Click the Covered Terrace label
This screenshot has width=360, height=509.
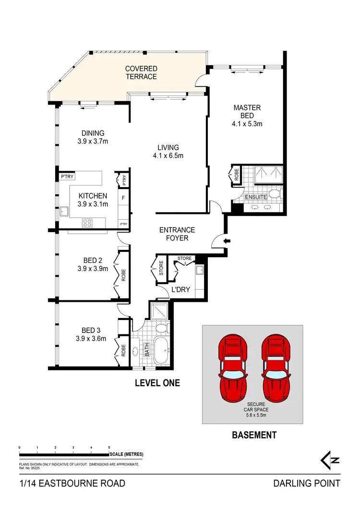pyautogui.click(x=141, y=72)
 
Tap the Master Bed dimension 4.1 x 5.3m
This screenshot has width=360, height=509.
pyautogui.click(x=247, y=124)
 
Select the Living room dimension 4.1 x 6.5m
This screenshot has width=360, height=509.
pyautogui.click(x=168, y=155)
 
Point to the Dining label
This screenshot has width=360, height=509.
pyautogui.click(x=92, y=133)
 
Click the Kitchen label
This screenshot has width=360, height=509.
pyautogui.click(x=93, y=196)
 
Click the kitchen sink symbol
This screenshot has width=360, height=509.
pyautogui.click(x=64, y=211)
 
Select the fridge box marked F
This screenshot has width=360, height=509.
pyautogui.click(x=123, y=197)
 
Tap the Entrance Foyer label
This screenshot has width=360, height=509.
pyautogui.click(x=177, y=234)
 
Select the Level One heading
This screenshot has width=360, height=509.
pyautogui.click(x=157, y=383)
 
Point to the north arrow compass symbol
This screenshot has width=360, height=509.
pyautogui.click(x=330, y=460)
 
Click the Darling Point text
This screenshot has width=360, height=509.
pyautogui.click(x=306, y=483)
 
